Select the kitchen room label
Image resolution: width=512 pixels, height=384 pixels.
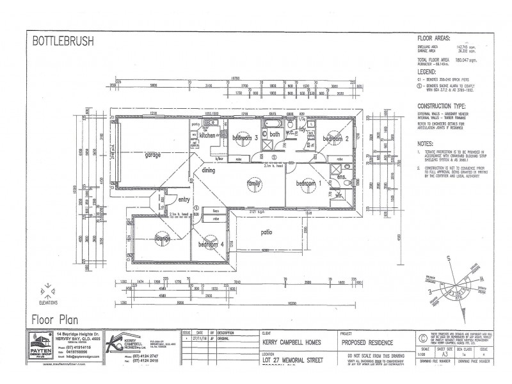pos(208,136)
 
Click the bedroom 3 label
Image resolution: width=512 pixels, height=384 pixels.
pos(245,138)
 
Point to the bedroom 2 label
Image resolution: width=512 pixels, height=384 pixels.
pos(335,138)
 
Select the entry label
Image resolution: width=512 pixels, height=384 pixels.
pos(184,199)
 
